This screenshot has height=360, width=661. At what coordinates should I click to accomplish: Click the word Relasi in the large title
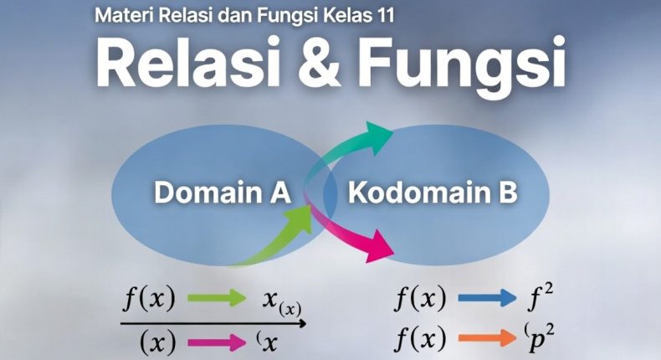pyautogui.click(x=182, y=64)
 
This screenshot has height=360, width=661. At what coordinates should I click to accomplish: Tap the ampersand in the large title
pyautogui.click(x=320, y=64)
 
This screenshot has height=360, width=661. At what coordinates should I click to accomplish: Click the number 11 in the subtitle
pyautogui.click(x=385, y=15)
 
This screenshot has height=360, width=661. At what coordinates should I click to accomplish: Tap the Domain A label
pyautogui.click(x=223, y=193)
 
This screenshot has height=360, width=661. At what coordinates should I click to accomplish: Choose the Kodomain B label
pyautogui.click(x=433, y=193)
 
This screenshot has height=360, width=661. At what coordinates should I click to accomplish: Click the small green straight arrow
pyautogui.click(x=217, y=298)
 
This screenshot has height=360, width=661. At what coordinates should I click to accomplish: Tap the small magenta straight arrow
pyautogui.click(x=217, y=342)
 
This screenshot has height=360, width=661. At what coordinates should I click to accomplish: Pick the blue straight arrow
pyautogui.click(x=487, y=298)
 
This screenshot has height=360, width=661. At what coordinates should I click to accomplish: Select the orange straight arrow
pyautogui.click(x=487, y=337)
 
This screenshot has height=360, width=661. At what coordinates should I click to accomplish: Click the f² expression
pyautogui.click(x=541, y=297)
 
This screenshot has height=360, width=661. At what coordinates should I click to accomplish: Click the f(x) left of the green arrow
pyautogui.click(x=149, y=298)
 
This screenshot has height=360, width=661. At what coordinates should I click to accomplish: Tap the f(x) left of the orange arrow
pyautogui.click(x=420, y=338)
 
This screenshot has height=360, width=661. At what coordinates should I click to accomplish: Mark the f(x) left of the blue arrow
pyautogui.click(x=420, y=298)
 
